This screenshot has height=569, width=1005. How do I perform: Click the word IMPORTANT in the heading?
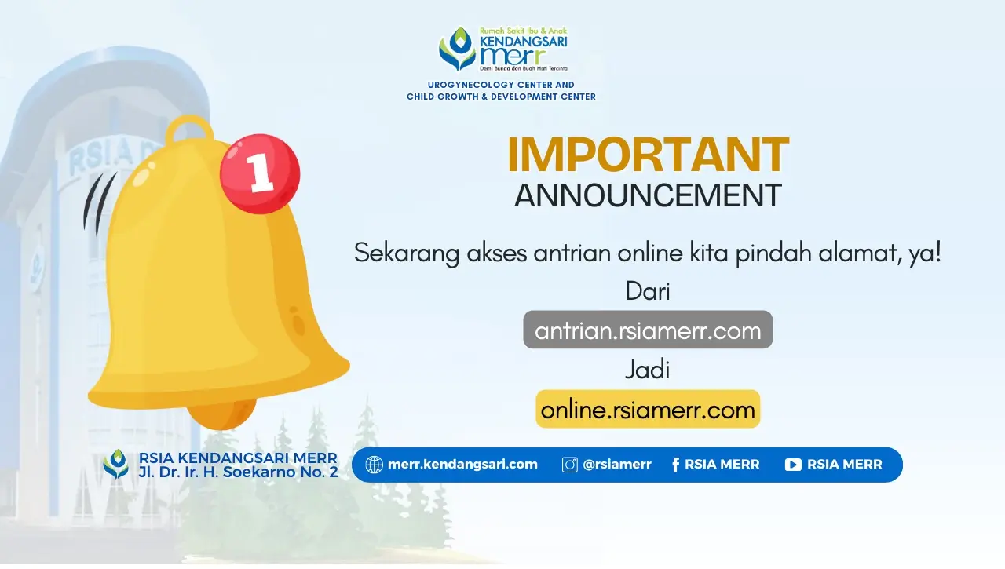(x=648, y=155)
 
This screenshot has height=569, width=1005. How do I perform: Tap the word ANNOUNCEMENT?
(x=648, y=195)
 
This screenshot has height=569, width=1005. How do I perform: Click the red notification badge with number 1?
(x=260, y=174)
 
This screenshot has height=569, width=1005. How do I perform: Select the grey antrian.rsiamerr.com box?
(x=648, y=330)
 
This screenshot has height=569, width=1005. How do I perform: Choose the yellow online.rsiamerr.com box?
(x=648, y=409)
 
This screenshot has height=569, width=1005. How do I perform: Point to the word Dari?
(x=648, y=291)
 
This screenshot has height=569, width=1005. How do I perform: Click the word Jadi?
(x=648, y=370)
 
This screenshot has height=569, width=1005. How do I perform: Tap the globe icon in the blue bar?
(x=375, y=465)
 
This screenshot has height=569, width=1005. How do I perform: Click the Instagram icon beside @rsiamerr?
(x=570, y=465)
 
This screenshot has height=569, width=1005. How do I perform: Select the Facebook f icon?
(x=676, y=465)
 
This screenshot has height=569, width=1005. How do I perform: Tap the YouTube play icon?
(x=793, y=465)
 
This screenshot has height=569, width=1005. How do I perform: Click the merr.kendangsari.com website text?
(x=462, y=464)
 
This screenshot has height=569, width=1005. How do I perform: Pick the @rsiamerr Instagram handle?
(x=617, y=465)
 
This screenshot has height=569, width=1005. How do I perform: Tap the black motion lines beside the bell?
(x=98, y=204)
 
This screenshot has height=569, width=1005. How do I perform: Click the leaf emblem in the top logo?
(x=457, y=49)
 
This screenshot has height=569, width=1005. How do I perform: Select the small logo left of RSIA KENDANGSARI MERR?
(x=115, y=464)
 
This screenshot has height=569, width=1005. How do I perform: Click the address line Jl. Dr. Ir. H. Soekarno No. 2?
(x=238, y=472)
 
